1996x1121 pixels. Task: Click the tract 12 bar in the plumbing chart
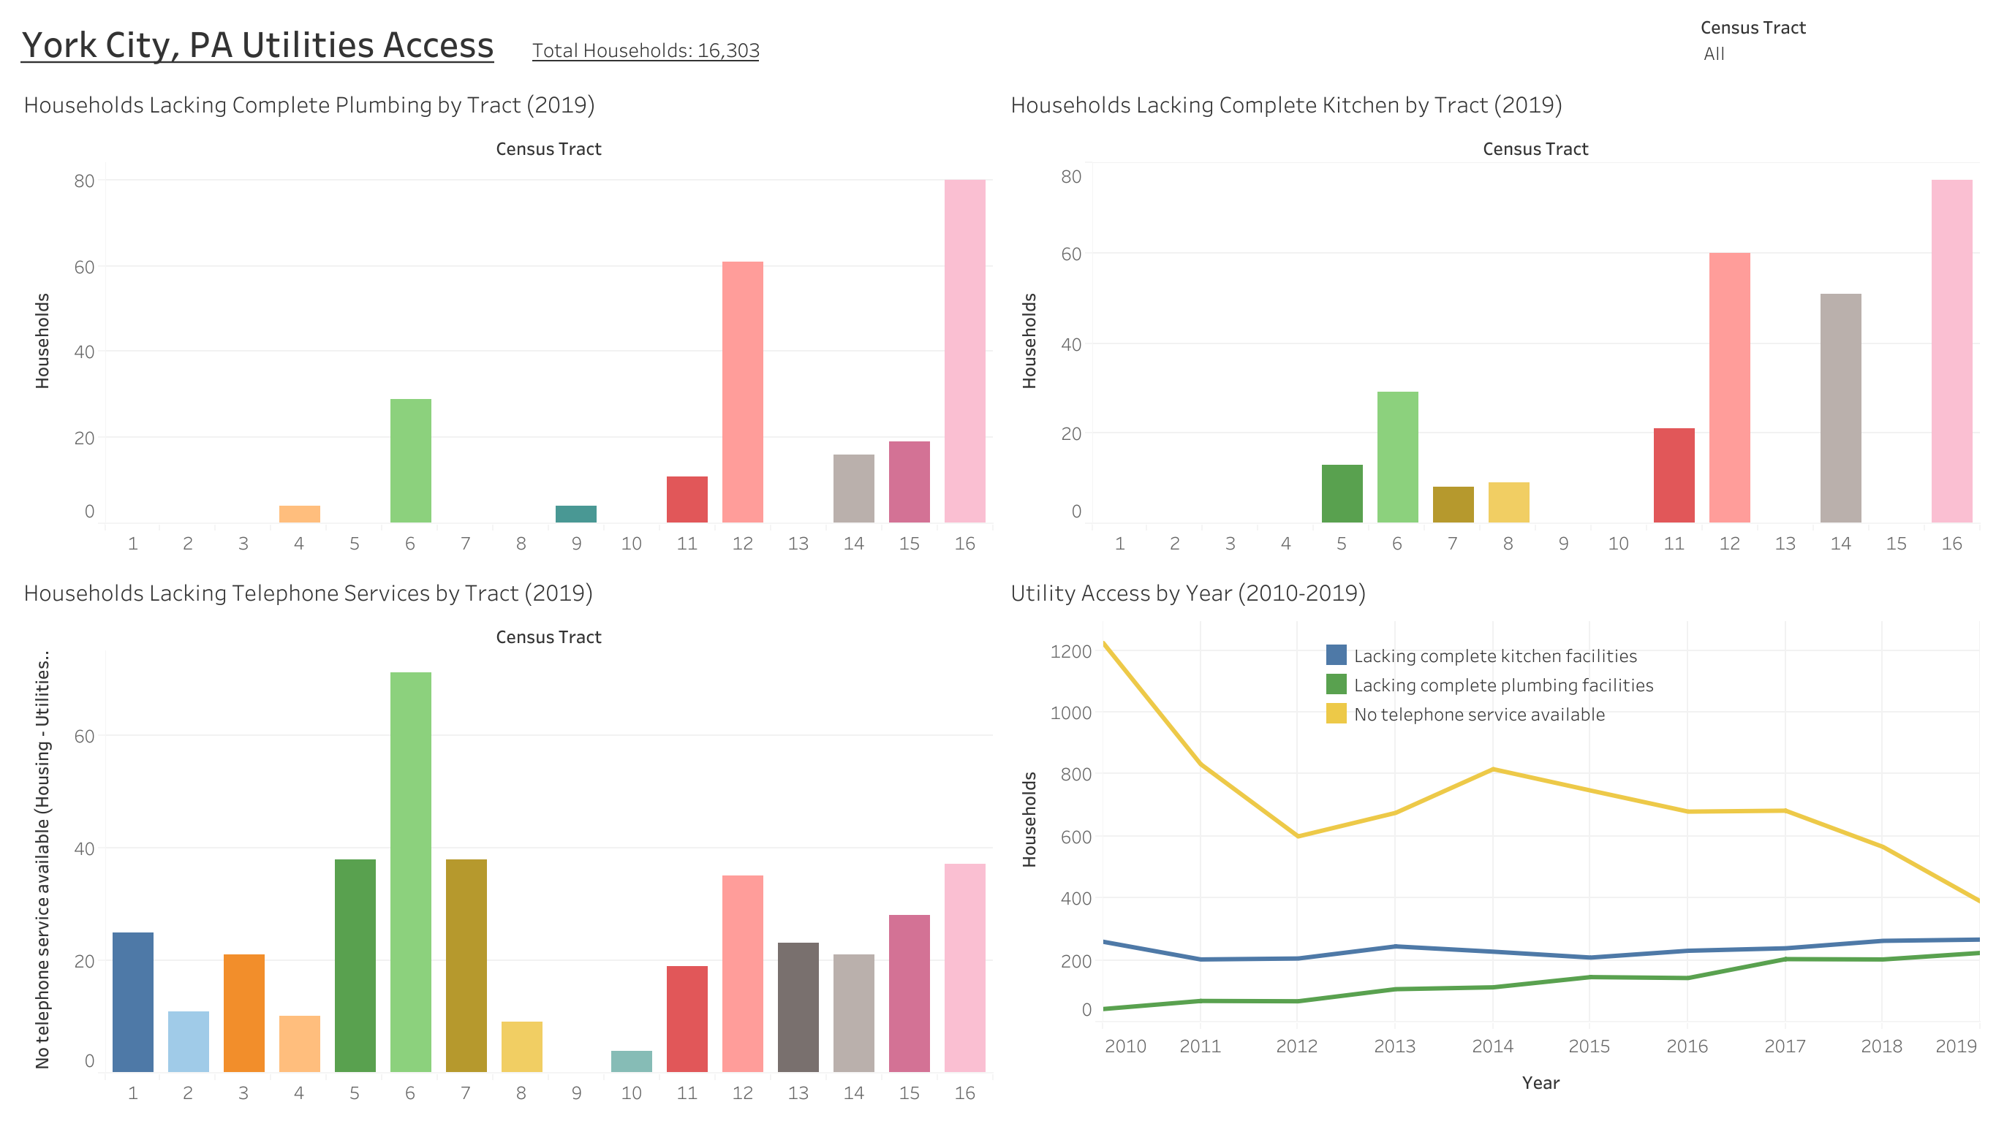[x=742, y=391]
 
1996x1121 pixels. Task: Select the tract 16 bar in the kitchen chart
[x=1951, y=350]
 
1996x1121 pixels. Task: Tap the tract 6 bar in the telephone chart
[x=411, y=872]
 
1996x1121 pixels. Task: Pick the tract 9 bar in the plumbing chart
[x=575, y=514]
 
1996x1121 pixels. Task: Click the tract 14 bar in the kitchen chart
[x=1840, y=408]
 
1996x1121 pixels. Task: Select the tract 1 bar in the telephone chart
[x=132, y=1002]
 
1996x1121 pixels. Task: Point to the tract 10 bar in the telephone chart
[x=632, y=1061]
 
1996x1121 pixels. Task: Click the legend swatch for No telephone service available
[x=1336, y=713]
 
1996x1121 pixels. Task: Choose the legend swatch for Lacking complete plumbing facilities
[x=1336, y=684]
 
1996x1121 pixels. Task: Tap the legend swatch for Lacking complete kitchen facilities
[x=1336, y=655]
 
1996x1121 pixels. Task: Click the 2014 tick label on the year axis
[x=1492, y=1046]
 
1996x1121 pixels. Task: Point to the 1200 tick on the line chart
[x=1071, y=652]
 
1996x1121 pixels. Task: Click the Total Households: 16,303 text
[x=646, y=50]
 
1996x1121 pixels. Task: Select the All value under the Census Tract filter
[x=1714, y=54]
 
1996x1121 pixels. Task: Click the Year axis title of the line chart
[x=1541, y=1083]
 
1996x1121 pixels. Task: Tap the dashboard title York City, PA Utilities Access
[x=257, y=45]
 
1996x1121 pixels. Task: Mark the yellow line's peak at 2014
[x=1493, y=769]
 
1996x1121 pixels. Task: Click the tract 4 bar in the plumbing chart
[x=299, y=514]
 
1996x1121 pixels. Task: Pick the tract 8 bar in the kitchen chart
[x=1508, y=502]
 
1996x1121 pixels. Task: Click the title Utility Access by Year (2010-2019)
[x=1188, y=593]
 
